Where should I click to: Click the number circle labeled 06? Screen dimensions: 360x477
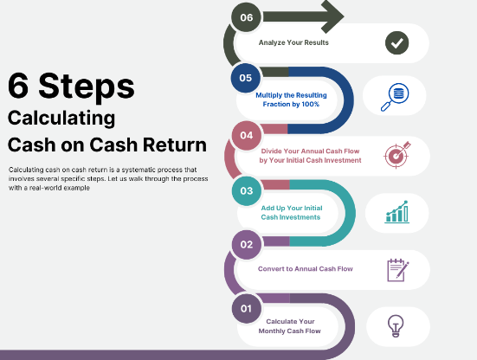247,16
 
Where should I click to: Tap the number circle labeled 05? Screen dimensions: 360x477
247,78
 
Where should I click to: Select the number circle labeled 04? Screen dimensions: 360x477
247,135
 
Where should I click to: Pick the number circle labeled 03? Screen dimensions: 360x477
247,190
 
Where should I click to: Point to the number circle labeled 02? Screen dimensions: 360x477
247,245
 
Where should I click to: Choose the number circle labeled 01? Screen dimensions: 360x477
247,308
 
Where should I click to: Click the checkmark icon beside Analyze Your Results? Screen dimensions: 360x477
397,42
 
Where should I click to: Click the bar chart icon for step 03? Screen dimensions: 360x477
397,211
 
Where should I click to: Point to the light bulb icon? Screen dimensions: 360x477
397,325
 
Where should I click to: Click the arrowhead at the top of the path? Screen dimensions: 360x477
332,15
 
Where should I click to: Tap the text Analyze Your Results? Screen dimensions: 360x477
293,42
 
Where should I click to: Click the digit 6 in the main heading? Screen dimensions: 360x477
18,87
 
